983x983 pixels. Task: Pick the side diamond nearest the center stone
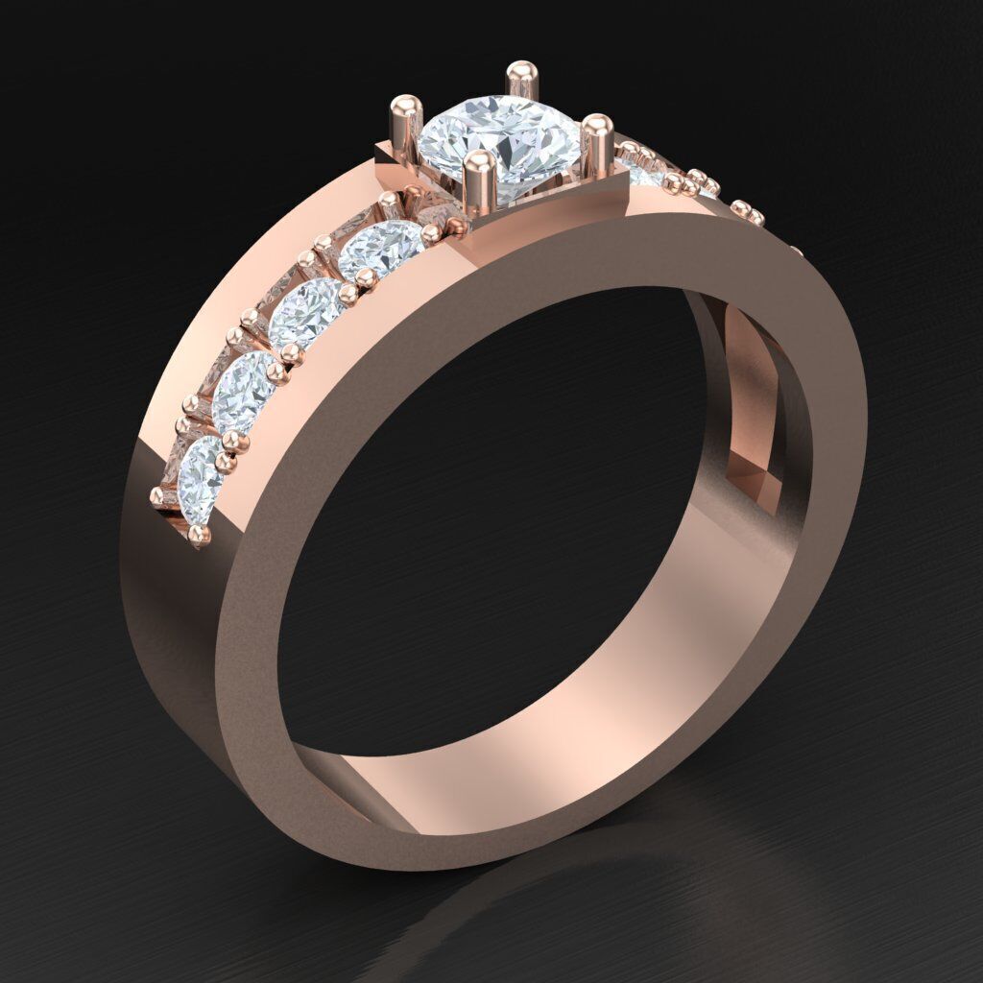[381, 248]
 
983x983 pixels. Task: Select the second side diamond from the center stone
[306, 312]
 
